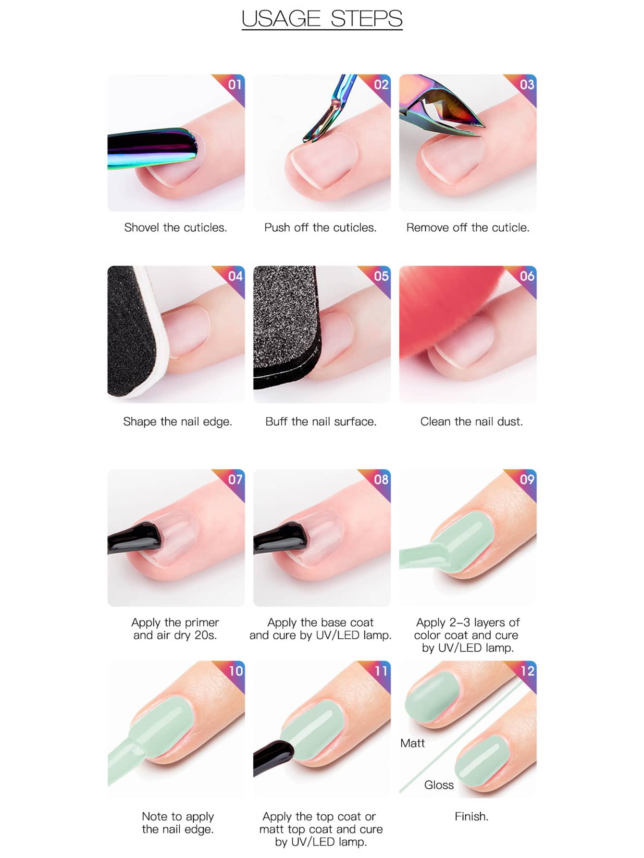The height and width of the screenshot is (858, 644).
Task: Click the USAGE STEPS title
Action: [x=322, y=19]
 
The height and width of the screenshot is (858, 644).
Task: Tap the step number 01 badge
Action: [x=234, y=85]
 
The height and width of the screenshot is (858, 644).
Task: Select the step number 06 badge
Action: [x=527, y=276]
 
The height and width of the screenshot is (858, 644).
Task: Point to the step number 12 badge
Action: [x=527, y=671]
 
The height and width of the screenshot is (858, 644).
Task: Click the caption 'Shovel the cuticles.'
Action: [x=175, y=227]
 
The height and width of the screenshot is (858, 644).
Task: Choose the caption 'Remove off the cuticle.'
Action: [x=468, y=227]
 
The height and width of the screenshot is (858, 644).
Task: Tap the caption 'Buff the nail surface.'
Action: [x=321, y=422]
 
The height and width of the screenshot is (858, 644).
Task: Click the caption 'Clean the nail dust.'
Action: [x=471, y=422]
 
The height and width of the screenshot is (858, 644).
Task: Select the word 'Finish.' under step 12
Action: [x=471, y=816]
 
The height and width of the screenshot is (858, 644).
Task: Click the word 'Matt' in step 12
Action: [x=412, y=743]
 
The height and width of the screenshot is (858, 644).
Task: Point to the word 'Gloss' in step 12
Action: [x=439, y=784]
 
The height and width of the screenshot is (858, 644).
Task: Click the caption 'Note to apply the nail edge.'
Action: [x=178, y=822]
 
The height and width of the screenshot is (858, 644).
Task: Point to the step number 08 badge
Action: [x=381, y=479]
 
